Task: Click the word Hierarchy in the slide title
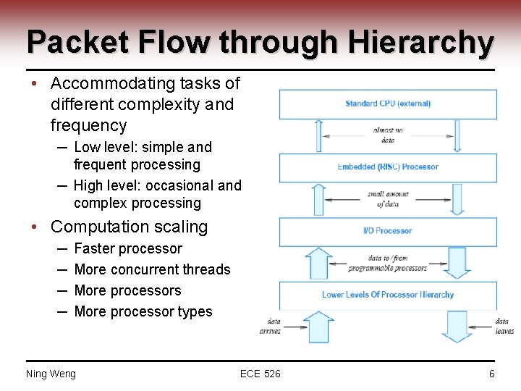point(420,43)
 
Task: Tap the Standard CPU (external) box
point(388,104)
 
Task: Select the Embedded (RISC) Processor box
point(388,167)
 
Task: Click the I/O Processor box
point(388,231)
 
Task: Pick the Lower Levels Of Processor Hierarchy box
point(388,295)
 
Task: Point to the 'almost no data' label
point(389,135)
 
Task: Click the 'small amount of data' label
point(388,199)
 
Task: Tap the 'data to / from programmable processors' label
point(388,263)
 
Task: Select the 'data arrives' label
point(270,326)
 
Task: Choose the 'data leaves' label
point(504,326)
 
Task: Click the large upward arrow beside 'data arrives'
point(318,327)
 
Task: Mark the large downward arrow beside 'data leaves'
point(457,326)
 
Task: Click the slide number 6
point(492,374)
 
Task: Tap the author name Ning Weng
point(51,374)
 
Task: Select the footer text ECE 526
point(260,374)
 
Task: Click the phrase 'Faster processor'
point(128,248)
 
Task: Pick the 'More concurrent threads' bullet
point(152,269)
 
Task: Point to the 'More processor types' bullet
point(143,311)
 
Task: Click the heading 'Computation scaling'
point(129,227)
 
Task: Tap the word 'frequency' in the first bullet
point(88,125)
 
